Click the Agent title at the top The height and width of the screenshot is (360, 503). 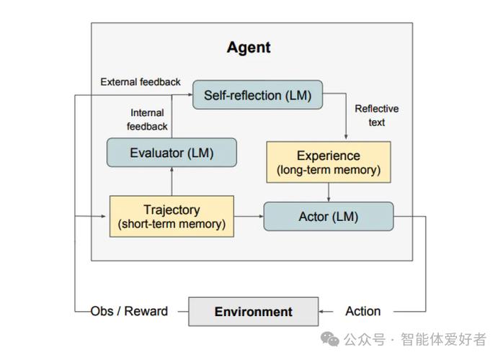(249, 48)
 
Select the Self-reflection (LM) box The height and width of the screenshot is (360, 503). (257, 95)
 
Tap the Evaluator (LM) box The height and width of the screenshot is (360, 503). (172, 153)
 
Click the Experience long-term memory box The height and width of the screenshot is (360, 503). (329, 162)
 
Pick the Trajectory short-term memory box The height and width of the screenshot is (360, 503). (172, 217)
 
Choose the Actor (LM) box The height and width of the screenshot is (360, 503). (329, 217)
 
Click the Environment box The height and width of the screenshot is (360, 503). (254, 312)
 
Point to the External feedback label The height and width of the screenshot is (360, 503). (141, 82)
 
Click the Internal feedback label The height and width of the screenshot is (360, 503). (147, 120)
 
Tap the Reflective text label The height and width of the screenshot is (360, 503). (376, 115)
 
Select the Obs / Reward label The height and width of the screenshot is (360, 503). (129, 311)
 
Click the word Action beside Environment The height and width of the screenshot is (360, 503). (362, 311)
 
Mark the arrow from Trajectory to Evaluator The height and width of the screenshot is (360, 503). (172, 181)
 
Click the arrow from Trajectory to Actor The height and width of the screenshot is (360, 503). (249, 216)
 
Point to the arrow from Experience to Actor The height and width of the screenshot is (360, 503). (329, 192)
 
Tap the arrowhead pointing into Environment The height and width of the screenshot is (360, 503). (323, 312)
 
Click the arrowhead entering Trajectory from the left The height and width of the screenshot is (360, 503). (104, 216)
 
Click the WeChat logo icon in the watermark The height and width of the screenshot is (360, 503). (332, 339)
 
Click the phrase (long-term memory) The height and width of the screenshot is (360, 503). (329, 171)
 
